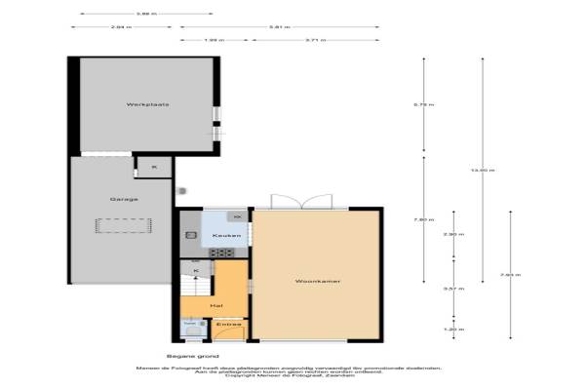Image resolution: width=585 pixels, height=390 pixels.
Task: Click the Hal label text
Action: coord(214,304)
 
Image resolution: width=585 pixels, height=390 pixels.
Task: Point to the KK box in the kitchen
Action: coord(236,215)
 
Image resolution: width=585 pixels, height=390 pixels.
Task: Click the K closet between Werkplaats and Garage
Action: coord(153,167)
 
